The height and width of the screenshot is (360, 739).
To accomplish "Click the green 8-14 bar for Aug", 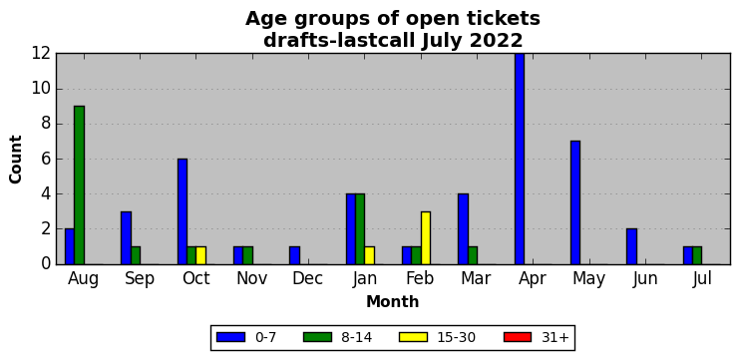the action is click(79, 185).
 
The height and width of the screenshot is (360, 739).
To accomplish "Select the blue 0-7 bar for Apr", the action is click(520, 159).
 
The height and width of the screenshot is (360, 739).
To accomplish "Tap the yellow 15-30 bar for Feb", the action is click(426, 238).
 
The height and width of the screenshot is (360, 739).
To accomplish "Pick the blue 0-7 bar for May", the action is click(575, 202).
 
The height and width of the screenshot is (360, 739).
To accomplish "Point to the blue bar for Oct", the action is click(183, 211).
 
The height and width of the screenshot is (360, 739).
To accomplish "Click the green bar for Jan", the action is click(360, 229).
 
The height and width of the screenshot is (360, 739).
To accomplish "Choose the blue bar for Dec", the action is click(294, 255).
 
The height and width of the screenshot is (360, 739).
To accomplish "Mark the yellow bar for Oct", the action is click(201, 255).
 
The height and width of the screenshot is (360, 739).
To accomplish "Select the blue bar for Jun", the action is click(631, 246).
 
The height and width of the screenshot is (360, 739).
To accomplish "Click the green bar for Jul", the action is click(697, 255).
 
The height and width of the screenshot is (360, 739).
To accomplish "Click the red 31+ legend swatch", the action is click(518, 337).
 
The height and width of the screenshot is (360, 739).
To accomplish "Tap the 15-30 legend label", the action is click(455, 337).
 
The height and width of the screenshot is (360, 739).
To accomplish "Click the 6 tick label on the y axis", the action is click(46, 160).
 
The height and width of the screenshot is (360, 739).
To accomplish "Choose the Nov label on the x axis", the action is click(251, 278).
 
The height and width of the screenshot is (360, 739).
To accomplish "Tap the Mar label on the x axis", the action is click(476, 278).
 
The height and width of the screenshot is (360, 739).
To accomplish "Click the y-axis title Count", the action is click(16, 160).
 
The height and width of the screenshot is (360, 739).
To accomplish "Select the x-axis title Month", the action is click(393, 301).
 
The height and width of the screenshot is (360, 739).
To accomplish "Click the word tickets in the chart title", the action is click(504, 19).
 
